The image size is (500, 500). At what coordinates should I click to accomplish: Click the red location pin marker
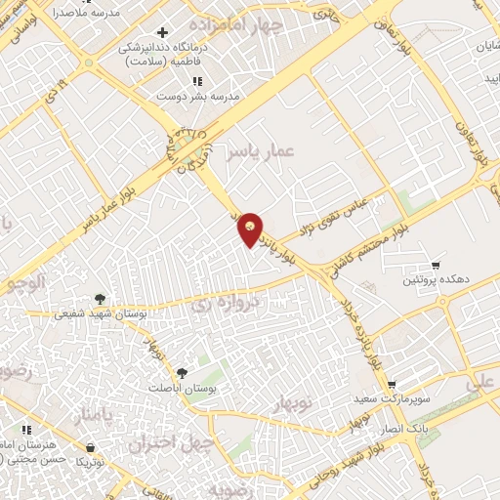[x=251, y=229]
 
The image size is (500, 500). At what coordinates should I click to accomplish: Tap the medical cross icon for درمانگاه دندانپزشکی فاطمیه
[x=162, y=33]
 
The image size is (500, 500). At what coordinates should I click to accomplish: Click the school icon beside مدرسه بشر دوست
[x=197, y=82]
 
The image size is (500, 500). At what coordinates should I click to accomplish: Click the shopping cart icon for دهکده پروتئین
[x=436, y=265]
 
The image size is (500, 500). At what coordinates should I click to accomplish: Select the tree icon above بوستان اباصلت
[x=182, y=373]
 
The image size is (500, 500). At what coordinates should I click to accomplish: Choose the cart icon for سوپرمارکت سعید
[x=392, y=385]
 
